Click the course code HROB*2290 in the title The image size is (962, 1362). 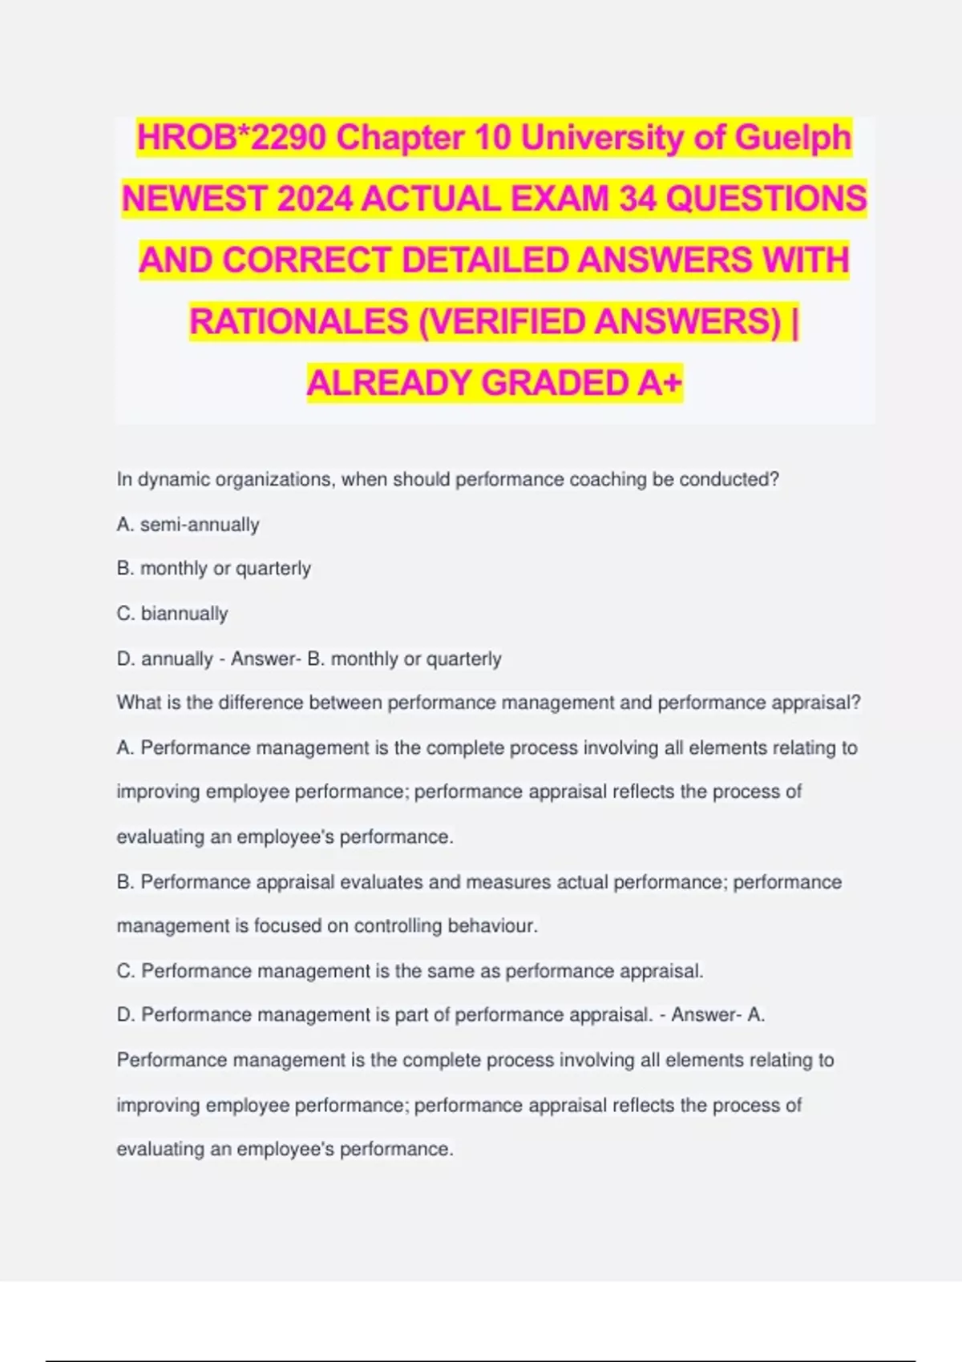tap(232, 138)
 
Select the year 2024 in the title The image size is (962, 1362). tap(314, 199)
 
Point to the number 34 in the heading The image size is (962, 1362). tap(638, 199)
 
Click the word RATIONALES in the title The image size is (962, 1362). tap(299, 322)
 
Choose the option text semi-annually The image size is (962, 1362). tap(200, 525)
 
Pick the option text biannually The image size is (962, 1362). tap(184, 614)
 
